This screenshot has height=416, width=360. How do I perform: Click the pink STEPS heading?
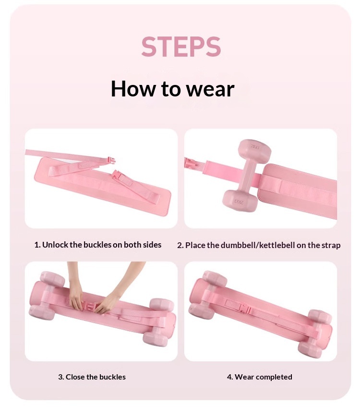[x=181, y=47]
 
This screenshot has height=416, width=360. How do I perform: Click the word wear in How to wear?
[x=210, y=89]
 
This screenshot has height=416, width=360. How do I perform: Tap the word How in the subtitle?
[x=133, y=88]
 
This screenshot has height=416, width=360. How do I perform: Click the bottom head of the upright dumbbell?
[x=240, y=200]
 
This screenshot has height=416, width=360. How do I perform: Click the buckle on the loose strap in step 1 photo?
[x=110, y=160]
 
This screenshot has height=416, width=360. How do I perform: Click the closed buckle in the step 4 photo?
[x=245, y=309]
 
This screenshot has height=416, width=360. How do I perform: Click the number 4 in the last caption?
[x=229, y=377]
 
